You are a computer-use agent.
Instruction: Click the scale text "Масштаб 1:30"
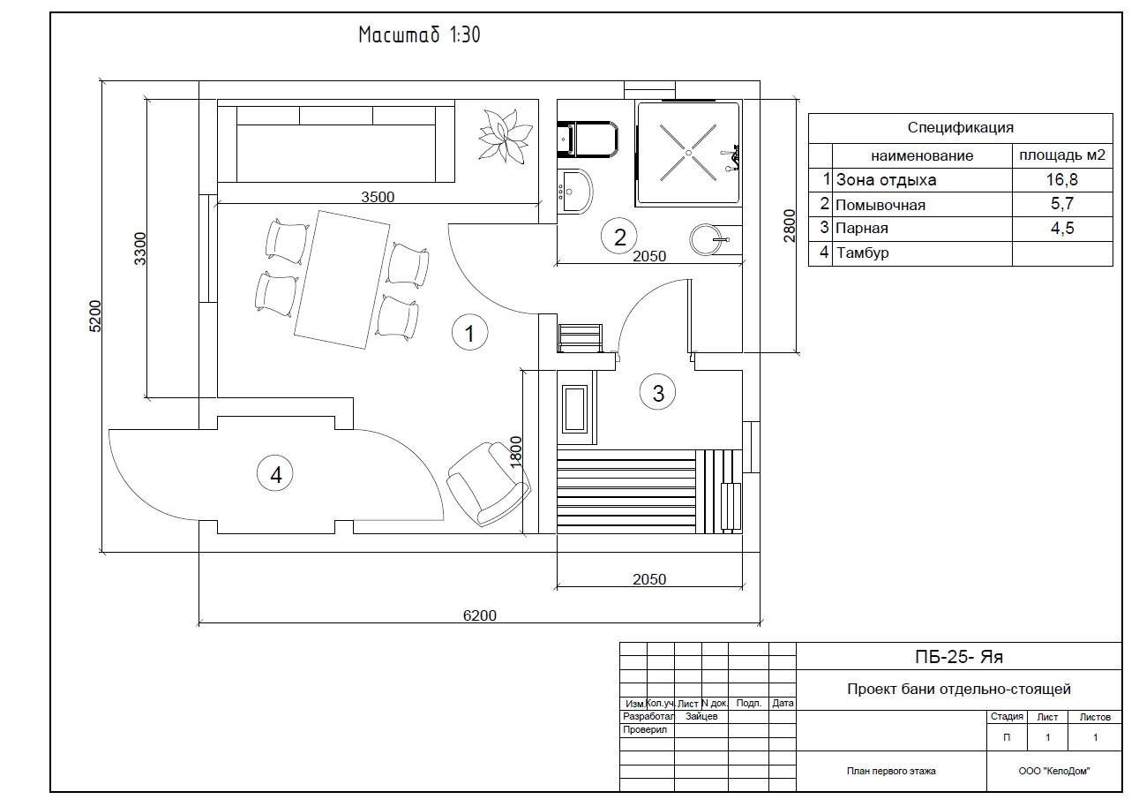click(x=419, y=34)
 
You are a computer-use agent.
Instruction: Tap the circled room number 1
click(x=469, y=333)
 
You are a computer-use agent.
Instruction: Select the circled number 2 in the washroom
click(x=618, y=236)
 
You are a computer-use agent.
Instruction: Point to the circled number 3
click(x=657, y=392)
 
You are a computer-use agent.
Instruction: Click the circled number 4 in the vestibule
click(x=275, y=474)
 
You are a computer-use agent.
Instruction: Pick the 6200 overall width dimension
click(x=479, y=615)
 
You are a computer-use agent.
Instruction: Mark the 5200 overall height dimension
click(x=95, y=316)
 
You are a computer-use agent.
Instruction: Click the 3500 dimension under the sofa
click(x=378, y=197)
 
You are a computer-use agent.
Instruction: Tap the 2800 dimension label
click(x=789, y=225)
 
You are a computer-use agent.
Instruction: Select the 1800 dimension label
click(x=515, y=452)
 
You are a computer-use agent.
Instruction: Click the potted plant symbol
click(x=505, y=136)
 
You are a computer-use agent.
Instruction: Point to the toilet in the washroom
click(x=588, y=139)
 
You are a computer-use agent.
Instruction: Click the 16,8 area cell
click(x=1061, y=179)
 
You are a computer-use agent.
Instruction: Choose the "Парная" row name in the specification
click(x=862, y=229)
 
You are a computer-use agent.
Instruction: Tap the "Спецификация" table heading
click(x=960, y=127)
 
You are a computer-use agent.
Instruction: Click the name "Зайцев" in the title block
click(x=701, y=716)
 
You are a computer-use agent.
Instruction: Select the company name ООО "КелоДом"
click(x=1053, y=772)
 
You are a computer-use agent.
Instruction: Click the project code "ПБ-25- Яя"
click(x=958, y=657)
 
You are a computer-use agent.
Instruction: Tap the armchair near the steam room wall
click(x=488, y=484)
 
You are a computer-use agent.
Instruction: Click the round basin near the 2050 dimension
click(x=705, y=239)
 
